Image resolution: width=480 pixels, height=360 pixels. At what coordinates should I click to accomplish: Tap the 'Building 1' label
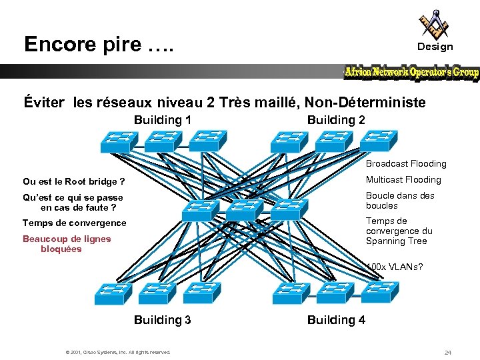(x=163, y=120)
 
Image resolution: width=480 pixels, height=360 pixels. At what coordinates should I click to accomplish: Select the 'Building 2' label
(x=336, y=120)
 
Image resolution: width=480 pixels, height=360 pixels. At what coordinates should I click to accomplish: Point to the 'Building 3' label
(x=163, y=320)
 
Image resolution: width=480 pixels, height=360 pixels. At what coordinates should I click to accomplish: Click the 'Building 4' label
(x=336, y=320)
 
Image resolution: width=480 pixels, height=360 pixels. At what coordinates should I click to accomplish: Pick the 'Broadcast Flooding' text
(x=406, y=163)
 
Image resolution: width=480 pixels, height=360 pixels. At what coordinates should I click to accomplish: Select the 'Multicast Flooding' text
(x=403, y=179)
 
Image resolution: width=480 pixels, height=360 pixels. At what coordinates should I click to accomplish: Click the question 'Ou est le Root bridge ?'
(x=74, y=181)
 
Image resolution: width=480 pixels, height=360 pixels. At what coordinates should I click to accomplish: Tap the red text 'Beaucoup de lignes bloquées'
(x=66, y=244)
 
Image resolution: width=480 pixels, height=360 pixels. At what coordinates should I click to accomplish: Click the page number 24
(x=448, y=352)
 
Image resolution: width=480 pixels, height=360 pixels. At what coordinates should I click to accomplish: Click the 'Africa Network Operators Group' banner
(x=411, y=73)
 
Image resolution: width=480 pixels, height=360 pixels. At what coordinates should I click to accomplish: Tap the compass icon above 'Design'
(x=434, y=24)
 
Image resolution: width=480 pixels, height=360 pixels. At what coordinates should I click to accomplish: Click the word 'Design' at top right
(x=435, y=47)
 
